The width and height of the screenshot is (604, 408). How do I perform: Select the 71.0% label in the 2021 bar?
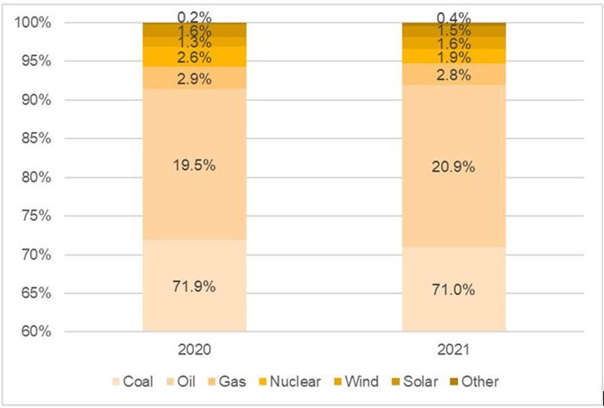[454, 289]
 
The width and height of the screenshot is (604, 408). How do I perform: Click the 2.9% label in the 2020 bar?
[194, 78]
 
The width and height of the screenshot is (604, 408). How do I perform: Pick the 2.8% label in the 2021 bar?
[454, 75]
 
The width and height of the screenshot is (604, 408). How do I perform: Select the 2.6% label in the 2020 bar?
[194, 57]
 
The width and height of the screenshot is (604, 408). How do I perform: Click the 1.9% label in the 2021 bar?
[454, 57]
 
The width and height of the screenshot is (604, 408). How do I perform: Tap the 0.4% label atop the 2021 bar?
[454, 16]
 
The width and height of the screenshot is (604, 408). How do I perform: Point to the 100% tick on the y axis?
[33, 22]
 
